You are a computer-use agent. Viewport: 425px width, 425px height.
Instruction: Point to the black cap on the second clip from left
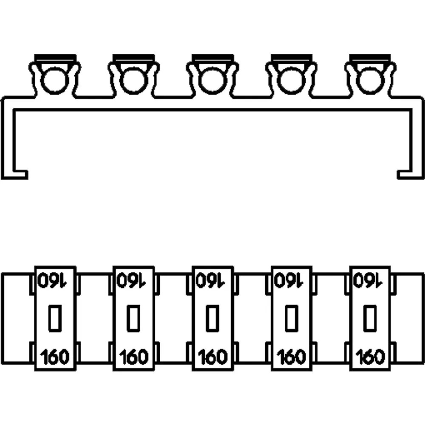133,57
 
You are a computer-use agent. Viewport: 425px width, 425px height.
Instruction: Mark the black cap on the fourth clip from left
292,57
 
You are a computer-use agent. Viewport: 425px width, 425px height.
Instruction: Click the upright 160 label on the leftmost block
55,357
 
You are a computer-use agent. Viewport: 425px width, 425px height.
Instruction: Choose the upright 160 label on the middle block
212,357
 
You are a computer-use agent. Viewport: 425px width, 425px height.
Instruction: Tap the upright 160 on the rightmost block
369,357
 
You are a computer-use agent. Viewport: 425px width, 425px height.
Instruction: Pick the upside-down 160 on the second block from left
133,280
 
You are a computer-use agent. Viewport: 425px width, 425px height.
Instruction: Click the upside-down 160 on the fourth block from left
292,280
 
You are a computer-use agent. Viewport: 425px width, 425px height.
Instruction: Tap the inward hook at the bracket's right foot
405,174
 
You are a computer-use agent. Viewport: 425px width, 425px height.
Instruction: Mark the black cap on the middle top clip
212,57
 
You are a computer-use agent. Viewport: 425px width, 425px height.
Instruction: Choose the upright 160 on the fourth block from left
292,357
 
